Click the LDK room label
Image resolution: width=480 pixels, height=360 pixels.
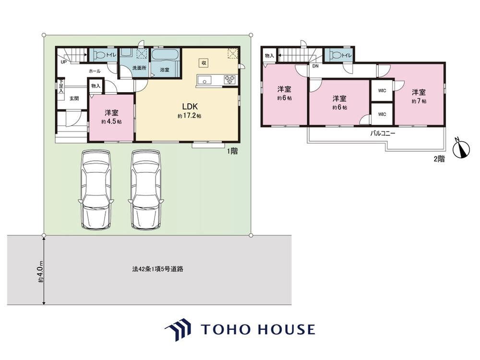point(190,107)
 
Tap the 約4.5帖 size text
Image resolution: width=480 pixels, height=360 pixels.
point(111,121)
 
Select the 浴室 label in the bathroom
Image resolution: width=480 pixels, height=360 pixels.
point(165,70)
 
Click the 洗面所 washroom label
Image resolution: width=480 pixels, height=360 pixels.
point(139,68)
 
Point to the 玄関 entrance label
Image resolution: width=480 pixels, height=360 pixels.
point(74,98)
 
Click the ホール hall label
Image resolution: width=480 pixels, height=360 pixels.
point(94,71)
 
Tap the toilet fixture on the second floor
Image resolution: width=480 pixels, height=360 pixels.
point(334,55)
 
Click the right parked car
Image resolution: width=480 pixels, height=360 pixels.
point(146,190)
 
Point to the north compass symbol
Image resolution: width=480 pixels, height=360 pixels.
point(461,148)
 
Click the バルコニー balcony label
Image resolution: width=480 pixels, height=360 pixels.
point(383,133)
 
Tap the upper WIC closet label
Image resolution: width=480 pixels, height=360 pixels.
point(382,91)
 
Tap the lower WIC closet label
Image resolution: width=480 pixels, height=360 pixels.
point(382,115)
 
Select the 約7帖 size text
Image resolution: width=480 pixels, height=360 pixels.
point(419,101)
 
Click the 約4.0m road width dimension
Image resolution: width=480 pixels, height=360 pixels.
point(41,271)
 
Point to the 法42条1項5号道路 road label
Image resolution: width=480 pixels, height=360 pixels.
point(157,269)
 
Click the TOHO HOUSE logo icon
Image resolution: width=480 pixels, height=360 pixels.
point(179,329)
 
